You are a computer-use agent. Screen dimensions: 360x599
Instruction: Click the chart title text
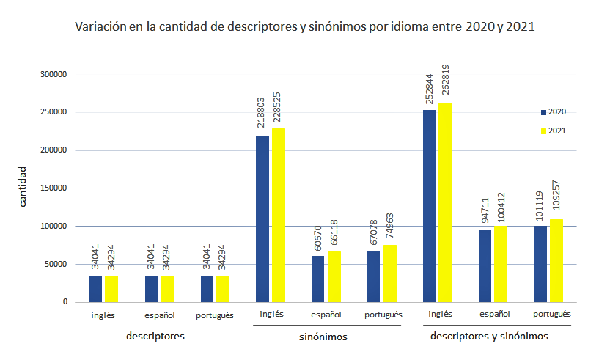point(305,28)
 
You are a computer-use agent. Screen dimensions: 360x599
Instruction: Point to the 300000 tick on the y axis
point(54,75)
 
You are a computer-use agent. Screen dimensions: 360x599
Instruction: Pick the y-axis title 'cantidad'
point(23,186)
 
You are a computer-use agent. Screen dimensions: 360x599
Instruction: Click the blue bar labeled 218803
point(262,218)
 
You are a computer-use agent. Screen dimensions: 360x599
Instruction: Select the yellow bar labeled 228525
point(279,215)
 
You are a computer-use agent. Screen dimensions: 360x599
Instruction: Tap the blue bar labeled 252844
point(430,205)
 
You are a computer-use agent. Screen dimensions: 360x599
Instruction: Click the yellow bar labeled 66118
point(334,276)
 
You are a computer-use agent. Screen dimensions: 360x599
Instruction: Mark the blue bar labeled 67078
point(373,276)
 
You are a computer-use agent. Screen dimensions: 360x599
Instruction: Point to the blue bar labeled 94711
point(485,265)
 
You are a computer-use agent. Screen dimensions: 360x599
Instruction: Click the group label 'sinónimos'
point(323,337)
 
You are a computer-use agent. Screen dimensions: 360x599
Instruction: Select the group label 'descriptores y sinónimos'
point(490,337)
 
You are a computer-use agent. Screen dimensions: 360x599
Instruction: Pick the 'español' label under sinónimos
point(326,315)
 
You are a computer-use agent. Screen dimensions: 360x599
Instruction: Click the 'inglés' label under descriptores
point(103,315)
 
